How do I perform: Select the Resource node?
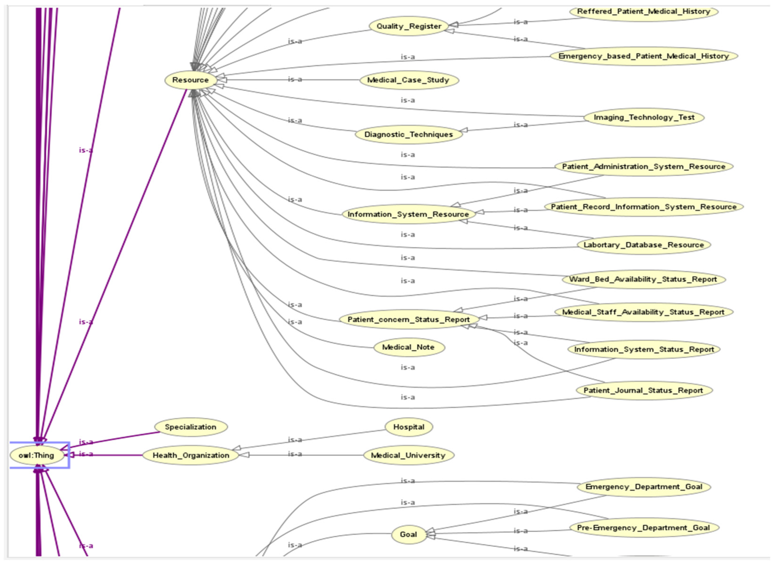(191, 80)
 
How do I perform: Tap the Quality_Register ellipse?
(409, 26)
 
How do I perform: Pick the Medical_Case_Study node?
(408, 80)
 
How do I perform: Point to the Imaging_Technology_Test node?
(644, 117)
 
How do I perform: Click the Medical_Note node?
(408, 347)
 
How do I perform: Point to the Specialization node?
(191, 427)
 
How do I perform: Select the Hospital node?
(408, 427)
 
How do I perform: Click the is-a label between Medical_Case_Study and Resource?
(295, 79)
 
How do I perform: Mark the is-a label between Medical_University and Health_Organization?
(295, 454)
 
